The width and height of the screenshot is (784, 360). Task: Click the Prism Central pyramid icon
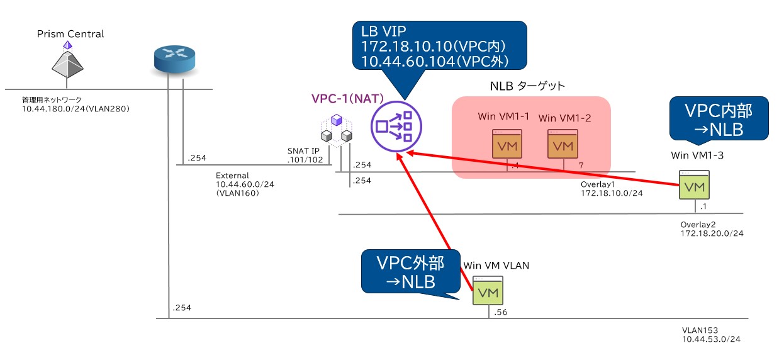[67, 62]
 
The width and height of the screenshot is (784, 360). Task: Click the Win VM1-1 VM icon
[507, 144]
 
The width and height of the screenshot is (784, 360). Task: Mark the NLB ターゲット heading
[527, 86]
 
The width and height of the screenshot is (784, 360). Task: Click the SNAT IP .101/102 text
[305, 155]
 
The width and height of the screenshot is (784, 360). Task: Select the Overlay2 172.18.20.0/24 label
[711, 228]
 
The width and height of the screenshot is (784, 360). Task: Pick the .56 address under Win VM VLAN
[501, 312]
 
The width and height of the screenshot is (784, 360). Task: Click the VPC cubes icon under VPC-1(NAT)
[336, 130]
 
